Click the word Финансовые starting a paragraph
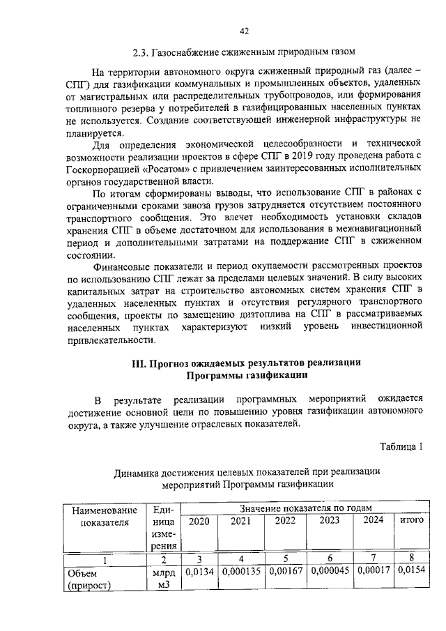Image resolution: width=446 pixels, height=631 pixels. (x=121, y=266)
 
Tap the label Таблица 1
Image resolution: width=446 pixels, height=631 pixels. (x=402, y=446)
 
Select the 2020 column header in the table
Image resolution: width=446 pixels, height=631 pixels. (x=199, y=520)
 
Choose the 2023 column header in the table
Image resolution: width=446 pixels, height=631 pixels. (x=329, y=520)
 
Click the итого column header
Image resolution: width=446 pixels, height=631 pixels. (x=411, y=520)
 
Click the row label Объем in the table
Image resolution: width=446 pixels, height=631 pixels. (x=82, y=572)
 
